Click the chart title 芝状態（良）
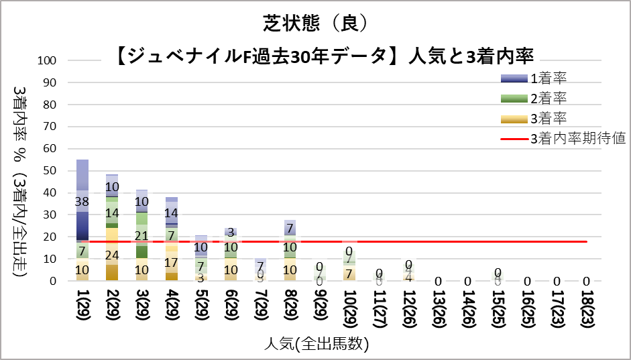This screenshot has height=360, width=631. point(315,23)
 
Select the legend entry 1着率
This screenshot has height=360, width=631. point(549,78)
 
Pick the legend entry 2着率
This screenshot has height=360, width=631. point(549,99)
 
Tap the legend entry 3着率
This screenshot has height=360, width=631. point(549,119)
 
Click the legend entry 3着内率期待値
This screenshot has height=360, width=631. point(577,139)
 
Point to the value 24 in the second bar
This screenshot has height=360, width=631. point(113,255)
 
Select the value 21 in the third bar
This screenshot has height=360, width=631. point(142,236)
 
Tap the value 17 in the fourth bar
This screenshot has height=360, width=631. point(172,262)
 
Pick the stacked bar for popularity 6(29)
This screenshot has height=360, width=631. point(231,258)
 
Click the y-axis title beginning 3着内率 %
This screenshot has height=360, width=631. point(21,181)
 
